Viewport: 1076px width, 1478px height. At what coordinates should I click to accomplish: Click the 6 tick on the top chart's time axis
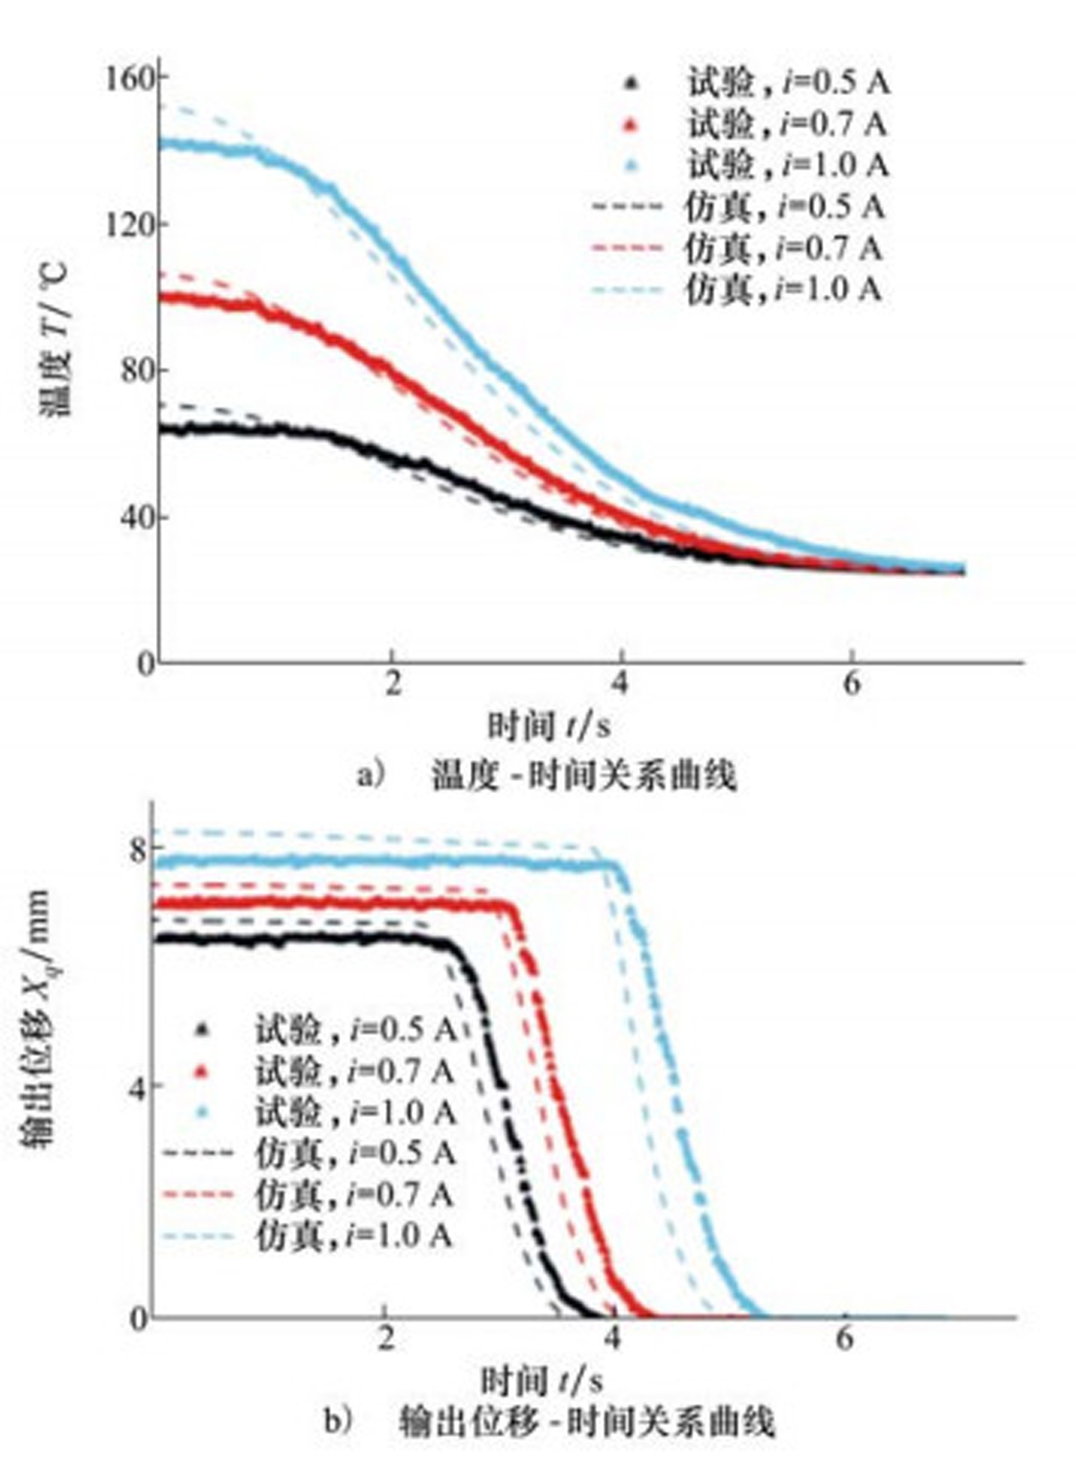[x=852, y=683]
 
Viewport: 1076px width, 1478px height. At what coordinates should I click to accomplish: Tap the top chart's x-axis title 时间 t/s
[x=549, y=725]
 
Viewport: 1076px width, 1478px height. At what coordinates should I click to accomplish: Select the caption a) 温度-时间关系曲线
[x=547, y=774]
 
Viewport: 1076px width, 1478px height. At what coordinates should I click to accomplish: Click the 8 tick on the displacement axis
[x=137, y=849]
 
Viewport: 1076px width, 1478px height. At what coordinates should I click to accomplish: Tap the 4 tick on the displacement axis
[x=137, y=1084]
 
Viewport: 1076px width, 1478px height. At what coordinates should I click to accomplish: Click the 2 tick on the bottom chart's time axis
[x=386, y=1338]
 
